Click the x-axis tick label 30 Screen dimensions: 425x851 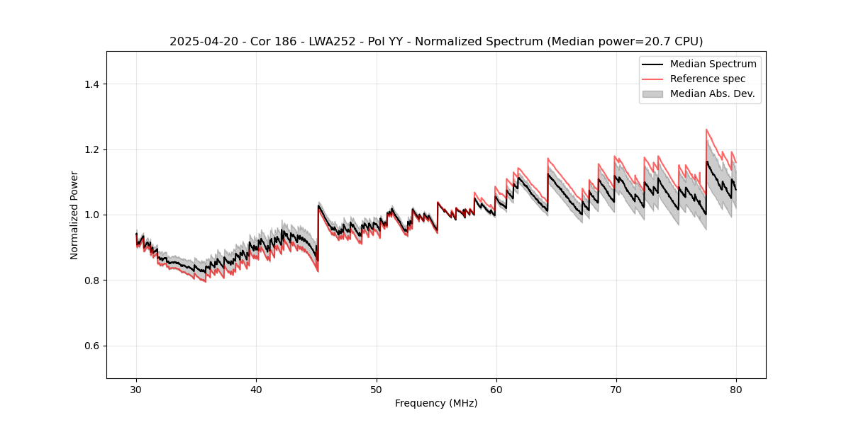pyautogui.click(x=136, y=389)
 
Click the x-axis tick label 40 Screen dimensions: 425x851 pyautogui.click(x=256, y=389)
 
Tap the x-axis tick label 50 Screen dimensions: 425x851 pyautogui.click(x=377, y=389)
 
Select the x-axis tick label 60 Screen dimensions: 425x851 pyautogui.click(x=496, y=389)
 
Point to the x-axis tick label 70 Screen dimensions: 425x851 pyautogui.click(x=616, y=389)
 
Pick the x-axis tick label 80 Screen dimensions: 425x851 pyautogui.click(x=736, y=389)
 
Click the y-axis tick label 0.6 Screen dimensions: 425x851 pyautogui.click(x=91, y=346)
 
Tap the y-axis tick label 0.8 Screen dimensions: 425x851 pyautogui.click(x=91, y=280)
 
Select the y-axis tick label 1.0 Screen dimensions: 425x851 pyautogui.click(x=91, y=215)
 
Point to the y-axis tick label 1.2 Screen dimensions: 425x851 pyautogui.click(x=91, y=149)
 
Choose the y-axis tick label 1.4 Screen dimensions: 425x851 pyautogui.click(x=91, y=84)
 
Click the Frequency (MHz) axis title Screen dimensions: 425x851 pyautogui.click(x=436, y=403)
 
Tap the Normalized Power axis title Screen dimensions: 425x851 pyautogui.click(x=74, y=215)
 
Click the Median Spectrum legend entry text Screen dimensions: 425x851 pyautogui.click(x=713, y=64)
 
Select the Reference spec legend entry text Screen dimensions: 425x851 pyautogui.click(x=708, y=79)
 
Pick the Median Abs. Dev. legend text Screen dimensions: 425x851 pyautogui.click(x=712, y=93)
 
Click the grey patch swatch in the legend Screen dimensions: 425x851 pyautogui.click(x=652, y=93)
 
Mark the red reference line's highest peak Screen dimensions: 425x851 pyautogui.click(x=706, y=130)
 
